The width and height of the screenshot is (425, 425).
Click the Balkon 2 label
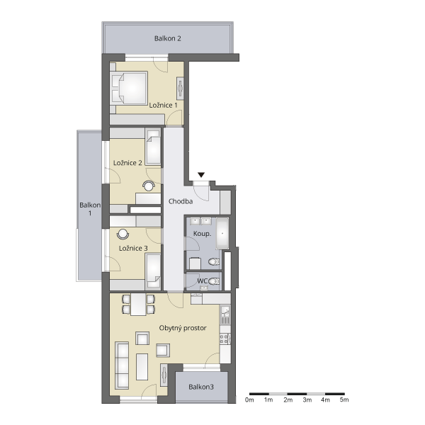(x=167, y=38)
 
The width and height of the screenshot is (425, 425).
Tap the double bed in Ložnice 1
(x=129, y=88)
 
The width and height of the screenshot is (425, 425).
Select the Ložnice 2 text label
(x=127, y=163)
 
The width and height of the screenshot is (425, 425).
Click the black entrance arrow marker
(x=201, y=175)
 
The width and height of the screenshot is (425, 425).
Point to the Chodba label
(x=181, y=201)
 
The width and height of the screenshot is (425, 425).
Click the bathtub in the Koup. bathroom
(x=222, y=233)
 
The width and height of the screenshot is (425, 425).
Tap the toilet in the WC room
(x=214, y=281)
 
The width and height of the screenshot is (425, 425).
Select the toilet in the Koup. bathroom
(x=214, y=262)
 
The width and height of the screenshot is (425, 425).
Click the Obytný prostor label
(x=183, y=328)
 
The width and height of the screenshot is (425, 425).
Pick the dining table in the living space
(x=138, y=305)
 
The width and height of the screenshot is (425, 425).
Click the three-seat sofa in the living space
(x=122, y=365)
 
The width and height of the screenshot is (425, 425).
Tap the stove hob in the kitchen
(x=225, y=339)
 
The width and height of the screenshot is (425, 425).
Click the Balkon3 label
(x=201, y=387)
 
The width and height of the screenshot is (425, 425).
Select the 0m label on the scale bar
(x=249, y=399)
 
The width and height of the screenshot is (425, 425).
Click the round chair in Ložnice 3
(x=123, y=234)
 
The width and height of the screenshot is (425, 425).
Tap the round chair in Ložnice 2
(x=149, y=186)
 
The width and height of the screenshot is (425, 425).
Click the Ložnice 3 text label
(x=133, y=249)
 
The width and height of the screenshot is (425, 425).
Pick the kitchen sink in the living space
(x=225, y=312)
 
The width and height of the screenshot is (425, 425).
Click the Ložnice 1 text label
(x=163, y=105)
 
